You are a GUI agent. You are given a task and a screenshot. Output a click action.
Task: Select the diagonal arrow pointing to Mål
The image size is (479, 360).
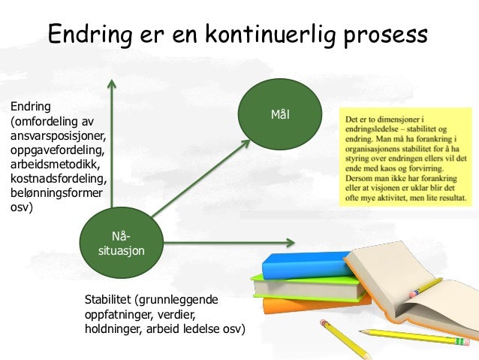coord(199,177)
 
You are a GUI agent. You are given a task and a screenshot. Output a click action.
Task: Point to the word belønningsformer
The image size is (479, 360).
coord(56,192)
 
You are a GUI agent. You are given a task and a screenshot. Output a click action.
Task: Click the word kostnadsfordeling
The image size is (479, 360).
coord(58,178)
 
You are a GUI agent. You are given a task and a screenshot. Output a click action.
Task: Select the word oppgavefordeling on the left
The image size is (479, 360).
coord(57,150)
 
